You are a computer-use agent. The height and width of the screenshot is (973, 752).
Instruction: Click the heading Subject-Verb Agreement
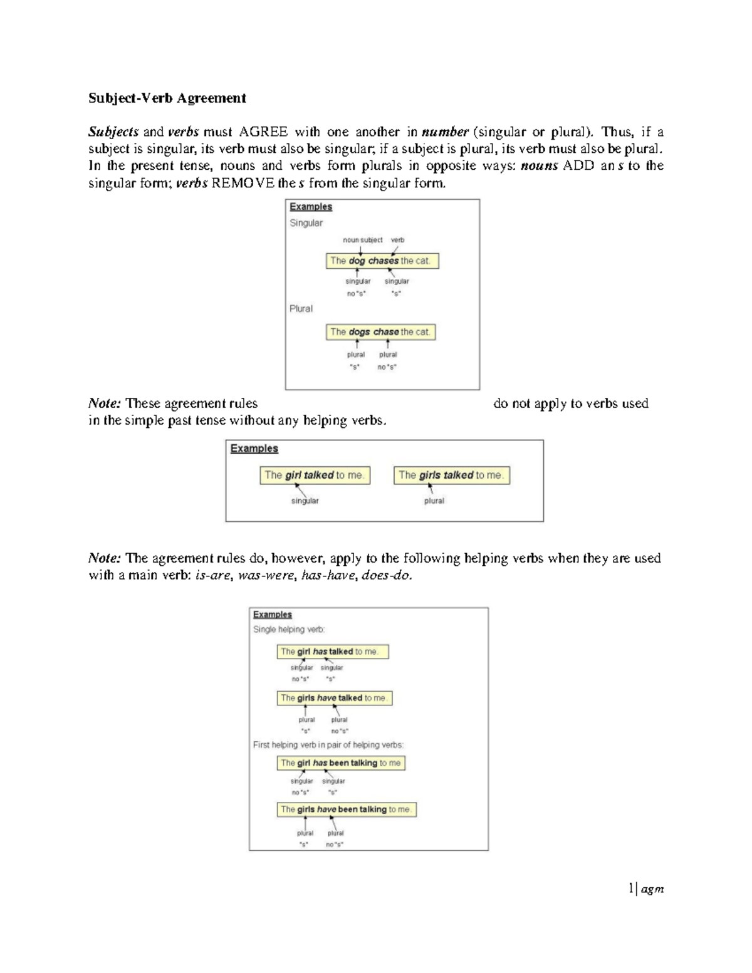click(x=167, y=98)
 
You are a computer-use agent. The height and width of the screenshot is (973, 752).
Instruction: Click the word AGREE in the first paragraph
click(x=263, y=132)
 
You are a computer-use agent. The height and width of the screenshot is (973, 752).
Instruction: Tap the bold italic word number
click(x=445, y=132)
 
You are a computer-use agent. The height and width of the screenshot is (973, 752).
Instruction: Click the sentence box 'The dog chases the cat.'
click(x=382, y=261)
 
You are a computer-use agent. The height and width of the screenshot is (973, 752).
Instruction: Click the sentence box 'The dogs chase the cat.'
click(x=380, y=332)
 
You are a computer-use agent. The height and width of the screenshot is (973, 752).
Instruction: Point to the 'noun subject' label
click(x=362, y=240)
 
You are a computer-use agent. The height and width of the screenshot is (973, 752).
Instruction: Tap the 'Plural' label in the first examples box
click(x=301, y=309)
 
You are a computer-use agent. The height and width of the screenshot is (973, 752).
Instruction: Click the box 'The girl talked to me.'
click(x=315, y=476)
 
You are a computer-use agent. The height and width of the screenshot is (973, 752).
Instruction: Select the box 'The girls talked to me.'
click(x=451, y=476)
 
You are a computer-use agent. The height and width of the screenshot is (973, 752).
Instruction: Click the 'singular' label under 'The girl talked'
click(x=305, y=501)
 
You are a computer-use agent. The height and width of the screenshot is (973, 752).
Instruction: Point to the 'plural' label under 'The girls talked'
click(x=434, y=501)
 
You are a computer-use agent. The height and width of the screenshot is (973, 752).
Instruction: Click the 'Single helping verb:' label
click(x=289, y=629)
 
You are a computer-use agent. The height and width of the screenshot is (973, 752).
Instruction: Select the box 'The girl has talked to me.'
click(x=332, y=652)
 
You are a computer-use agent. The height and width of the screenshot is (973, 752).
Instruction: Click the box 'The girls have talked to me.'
click(x=334, y=698)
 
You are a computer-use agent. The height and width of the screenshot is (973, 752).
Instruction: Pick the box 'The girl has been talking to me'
click(x=341, y=763)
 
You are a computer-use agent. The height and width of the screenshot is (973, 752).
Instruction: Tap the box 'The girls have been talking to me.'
click(x=346, y=809)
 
